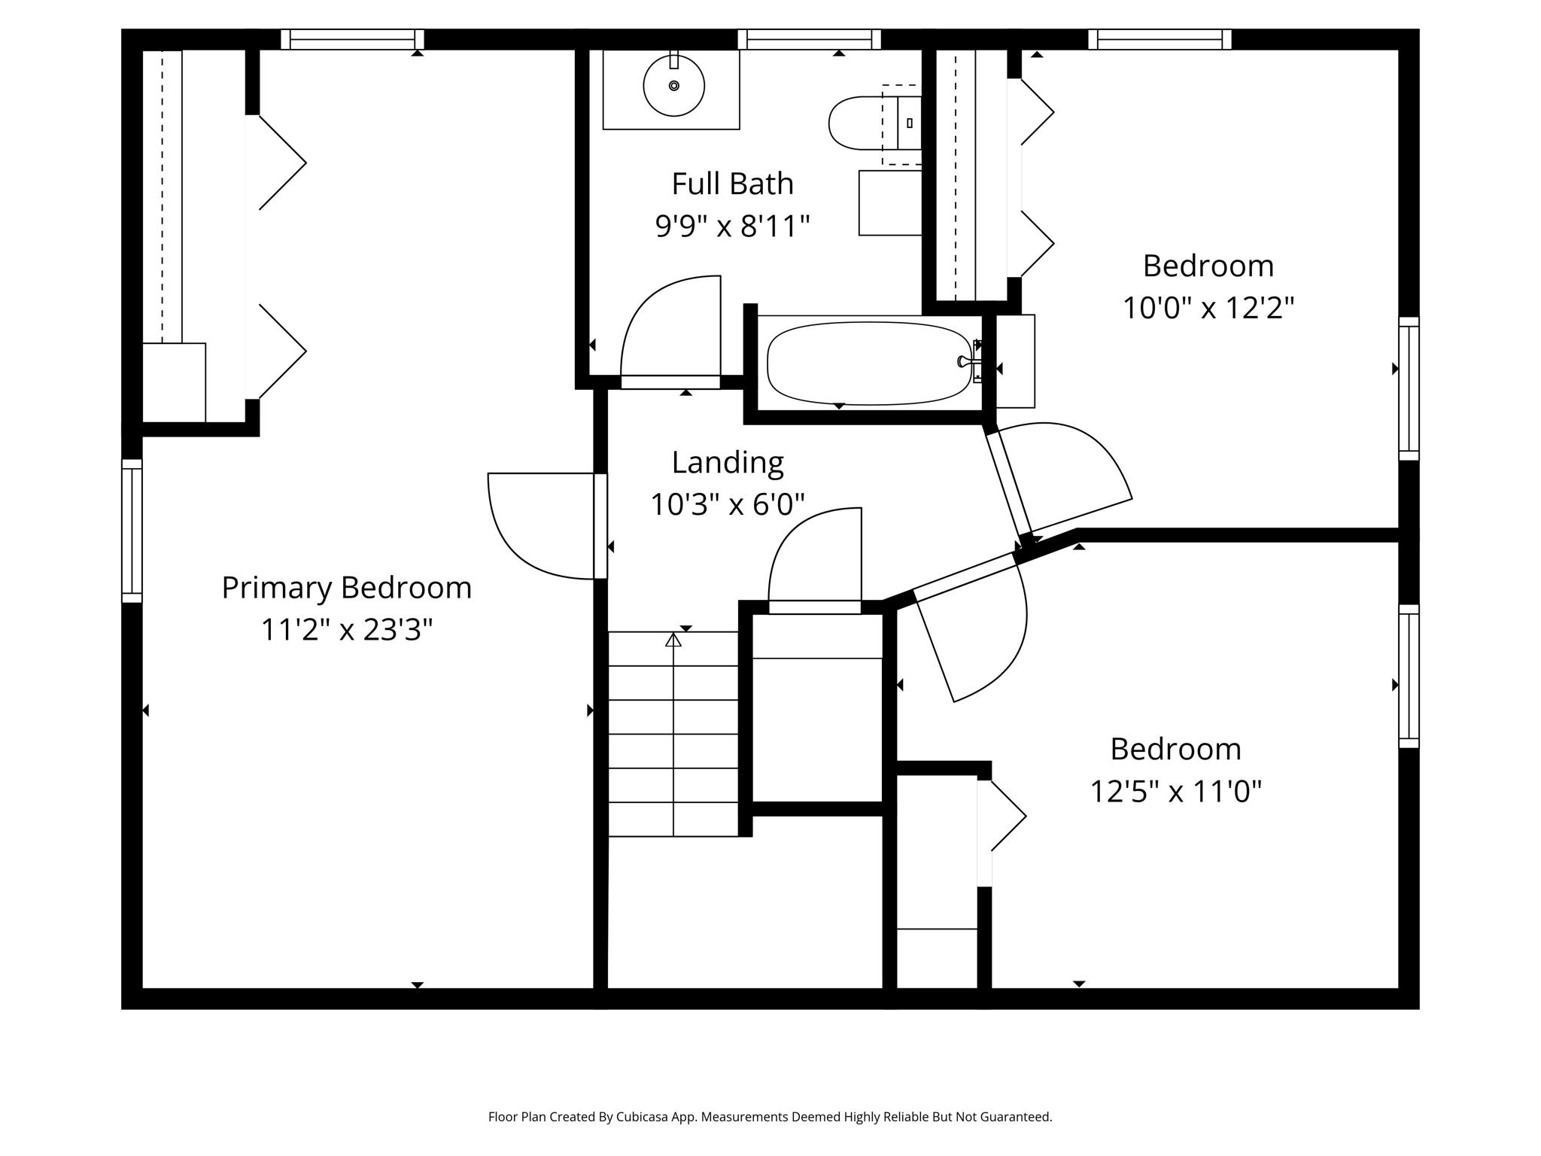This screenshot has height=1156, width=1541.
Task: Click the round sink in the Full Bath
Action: [673, 86]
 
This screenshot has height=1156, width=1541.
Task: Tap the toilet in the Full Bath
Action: [865, 123]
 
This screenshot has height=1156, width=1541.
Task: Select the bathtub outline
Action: [868, 363]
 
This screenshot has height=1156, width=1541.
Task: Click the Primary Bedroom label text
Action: [346, 588]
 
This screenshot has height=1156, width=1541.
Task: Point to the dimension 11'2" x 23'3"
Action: [346, 630]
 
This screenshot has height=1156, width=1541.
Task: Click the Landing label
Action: [727, 463]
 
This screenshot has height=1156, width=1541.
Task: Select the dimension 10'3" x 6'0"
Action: [727, 505]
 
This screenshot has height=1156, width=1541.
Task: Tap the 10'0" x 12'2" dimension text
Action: [1208, 308]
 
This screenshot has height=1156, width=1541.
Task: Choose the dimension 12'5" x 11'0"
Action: [1175, 792]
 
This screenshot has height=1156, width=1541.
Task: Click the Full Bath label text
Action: [732, 184]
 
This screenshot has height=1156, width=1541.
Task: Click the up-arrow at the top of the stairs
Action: [673, 640]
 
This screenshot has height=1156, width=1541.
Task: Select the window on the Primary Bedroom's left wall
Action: [132, 531]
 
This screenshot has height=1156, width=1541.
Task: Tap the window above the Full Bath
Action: [809, 39]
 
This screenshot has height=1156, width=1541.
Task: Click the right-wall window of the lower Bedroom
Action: [1409, 676]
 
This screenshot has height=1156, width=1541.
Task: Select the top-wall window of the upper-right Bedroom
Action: [1160, 39]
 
